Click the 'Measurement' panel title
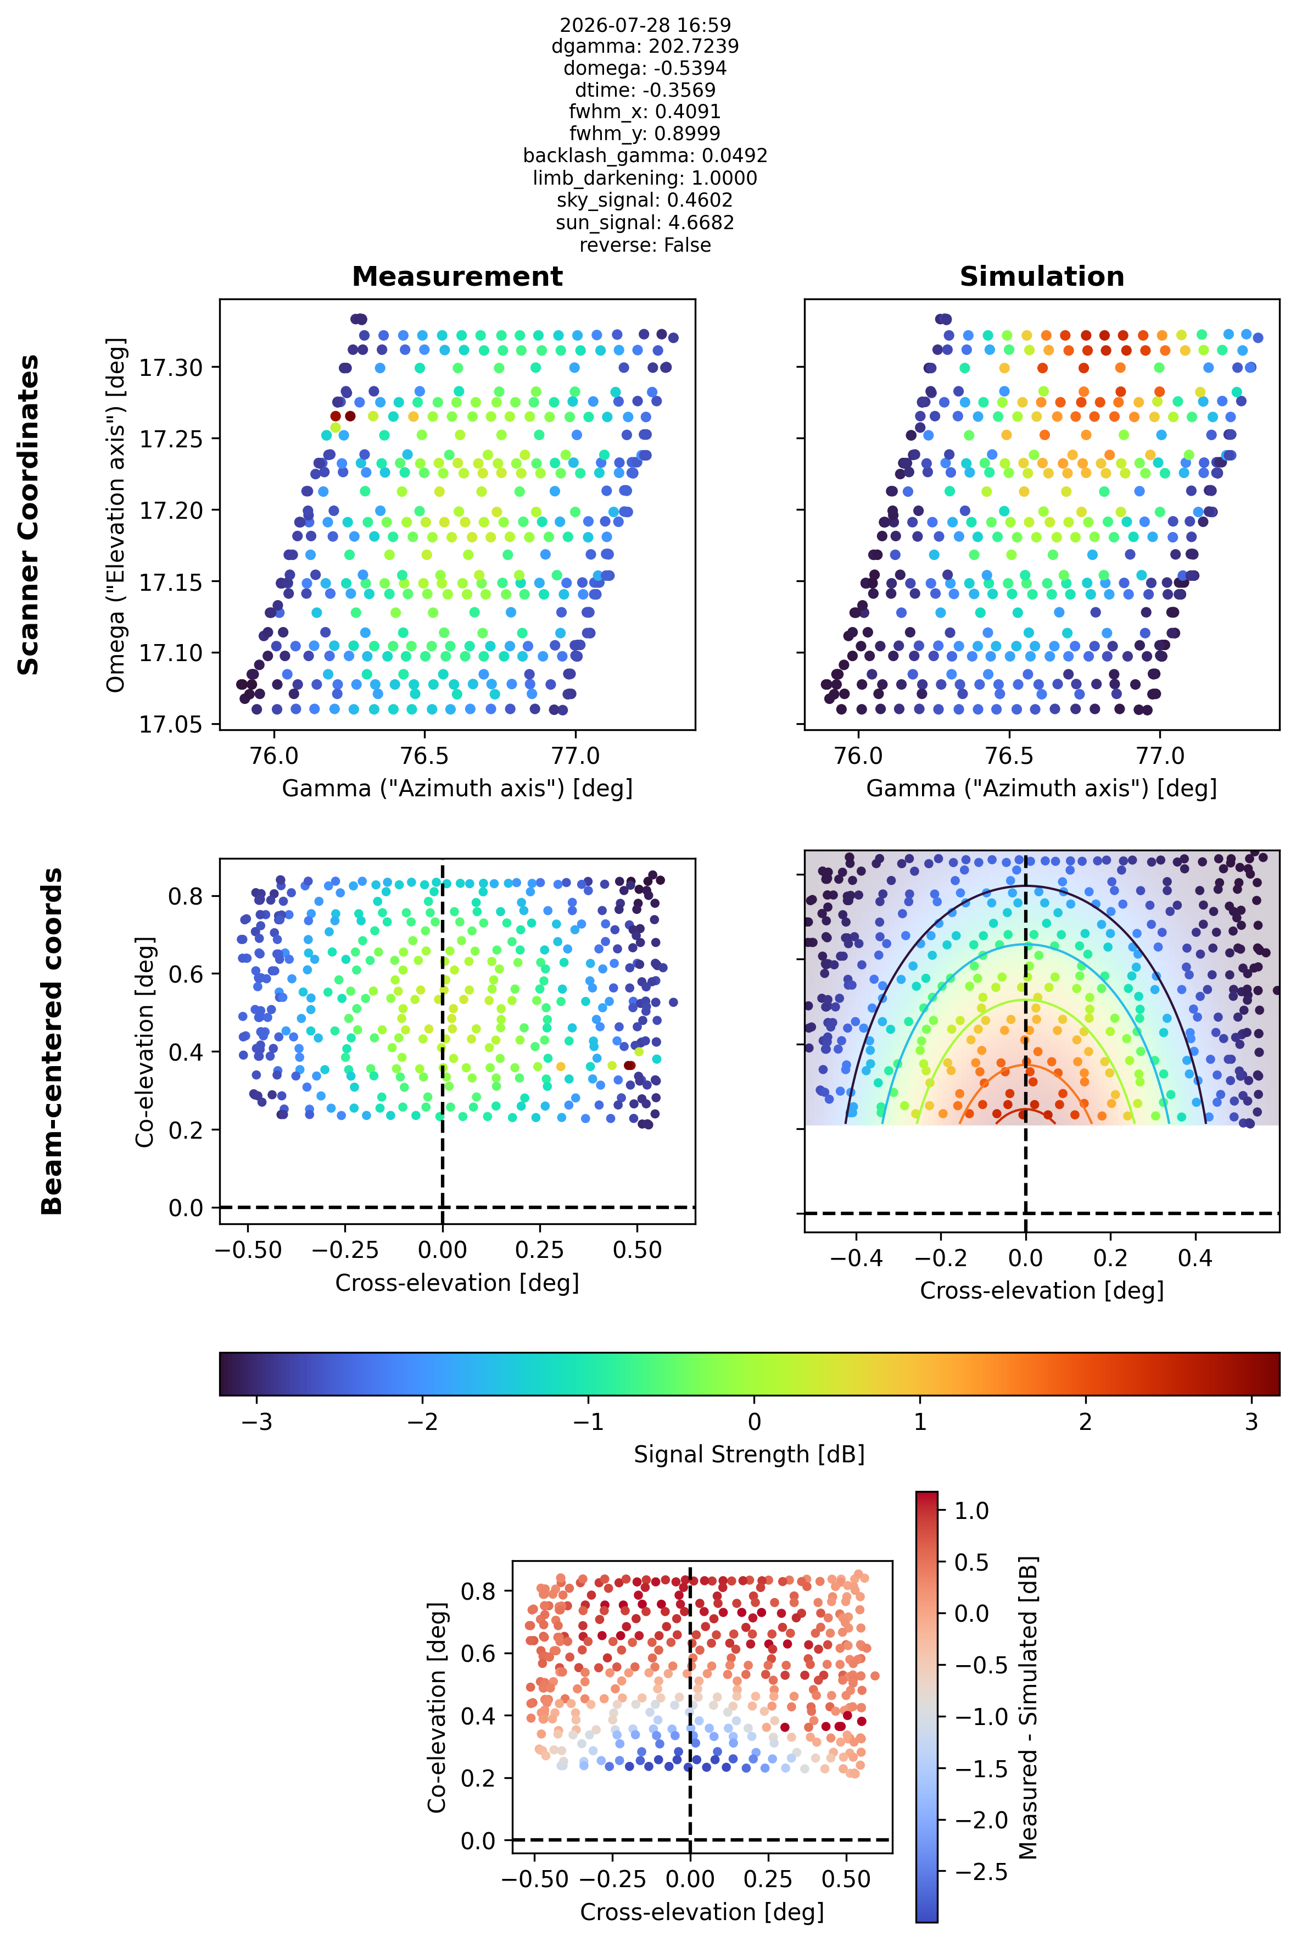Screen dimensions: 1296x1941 457,276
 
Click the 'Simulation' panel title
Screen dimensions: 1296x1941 1041,276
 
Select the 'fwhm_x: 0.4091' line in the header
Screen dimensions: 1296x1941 645,112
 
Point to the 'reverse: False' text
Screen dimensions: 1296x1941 645,245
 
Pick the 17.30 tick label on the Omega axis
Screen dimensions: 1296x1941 170,367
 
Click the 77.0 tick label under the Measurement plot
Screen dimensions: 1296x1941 576,756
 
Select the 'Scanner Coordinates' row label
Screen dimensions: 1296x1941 29,514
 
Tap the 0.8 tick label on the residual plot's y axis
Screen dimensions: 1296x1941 478,1591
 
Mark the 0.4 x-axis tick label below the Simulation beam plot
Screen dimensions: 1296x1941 1195,1258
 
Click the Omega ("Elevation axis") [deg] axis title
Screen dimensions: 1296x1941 116,514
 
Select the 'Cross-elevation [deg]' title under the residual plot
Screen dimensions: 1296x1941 702,1912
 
